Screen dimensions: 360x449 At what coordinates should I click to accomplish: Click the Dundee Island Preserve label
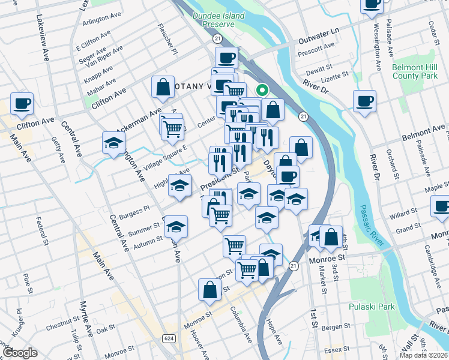(218, 20)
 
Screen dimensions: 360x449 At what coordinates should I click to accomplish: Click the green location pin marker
(262, 91)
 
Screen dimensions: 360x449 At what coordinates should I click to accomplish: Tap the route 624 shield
(169, 339)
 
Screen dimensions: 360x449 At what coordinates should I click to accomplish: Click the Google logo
(20, 353)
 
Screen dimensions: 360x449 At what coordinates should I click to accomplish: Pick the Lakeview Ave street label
(46, 37)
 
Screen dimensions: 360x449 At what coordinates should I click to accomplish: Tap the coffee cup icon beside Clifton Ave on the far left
(22, 103)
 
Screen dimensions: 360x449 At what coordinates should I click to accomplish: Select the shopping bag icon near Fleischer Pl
(163, 87)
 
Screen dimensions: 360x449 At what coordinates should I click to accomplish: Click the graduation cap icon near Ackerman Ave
(113, 143)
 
